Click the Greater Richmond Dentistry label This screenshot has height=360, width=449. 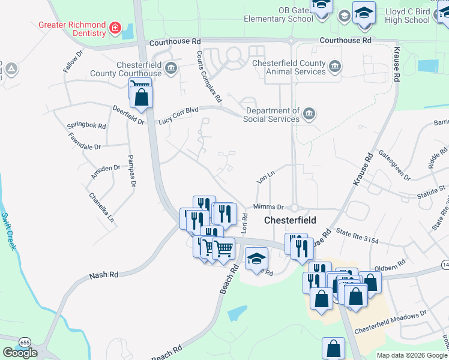pos(71,25)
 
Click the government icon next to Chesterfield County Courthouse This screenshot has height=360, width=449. pos(172,67)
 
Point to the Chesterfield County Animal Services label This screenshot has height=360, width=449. pos(289,67)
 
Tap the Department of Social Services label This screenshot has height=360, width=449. pos(271,115)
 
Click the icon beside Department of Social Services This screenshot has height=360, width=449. pos(309,113)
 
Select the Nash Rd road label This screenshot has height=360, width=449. pos(104,275)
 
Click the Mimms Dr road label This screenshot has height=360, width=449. pos(268,206)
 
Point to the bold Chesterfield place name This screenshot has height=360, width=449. pos(291,220)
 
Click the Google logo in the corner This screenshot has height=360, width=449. pos(20,353)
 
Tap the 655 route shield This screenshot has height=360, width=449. pos(25,341)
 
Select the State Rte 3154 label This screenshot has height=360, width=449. pos(358,235)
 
